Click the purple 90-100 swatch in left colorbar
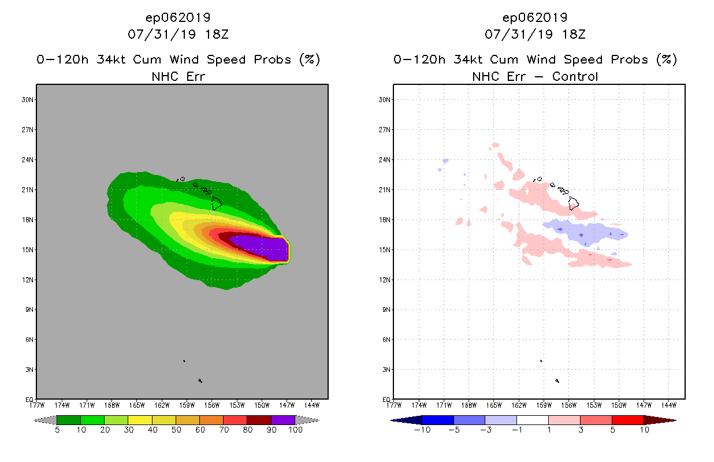click(x=283, y=420)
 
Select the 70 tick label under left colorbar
click(x=224, y=430)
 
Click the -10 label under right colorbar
click(x=422, y=430)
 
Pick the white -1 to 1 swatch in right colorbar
click(x=532, y=420)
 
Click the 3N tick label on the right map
click(x=386, y=370)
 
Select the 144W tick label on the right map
click(x=668, y=404)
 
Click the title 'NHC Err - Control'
click(x=535, y=76)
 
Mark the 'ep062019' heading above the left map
click(x=178, y=18)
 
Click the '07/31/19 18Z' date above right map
click(x=535, y=34)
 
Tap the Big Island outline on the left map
click(x=217, y=203)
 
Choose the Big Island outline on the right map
click(x=574, y=203)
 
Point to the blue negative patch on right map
click(x=583, y=232)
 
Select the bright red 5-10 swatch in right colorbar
click(x=627, y=420)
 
